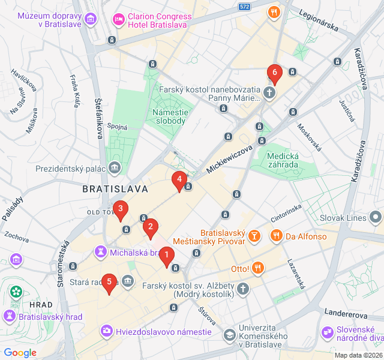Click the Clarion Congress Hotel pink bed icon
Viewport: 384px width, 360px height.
119,20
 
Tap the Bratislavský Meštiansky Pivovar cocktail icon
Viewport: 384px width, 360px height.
254,236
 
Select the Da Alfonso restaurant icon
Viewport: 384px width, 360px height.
276,236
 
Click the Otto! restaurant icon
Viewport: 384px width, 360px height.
258,268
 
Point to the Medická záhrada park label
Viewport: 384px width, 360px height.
283,160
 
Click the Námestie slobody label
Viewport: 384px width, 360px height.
174,116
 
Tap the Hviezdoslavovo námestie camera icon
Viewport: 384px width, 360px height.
106,331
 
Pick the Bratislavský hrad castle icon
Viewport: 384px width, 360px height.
11,315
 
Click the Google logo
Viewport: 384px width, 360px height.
20,353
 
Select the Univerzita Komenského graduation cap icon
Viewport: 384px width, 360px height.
230,334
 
